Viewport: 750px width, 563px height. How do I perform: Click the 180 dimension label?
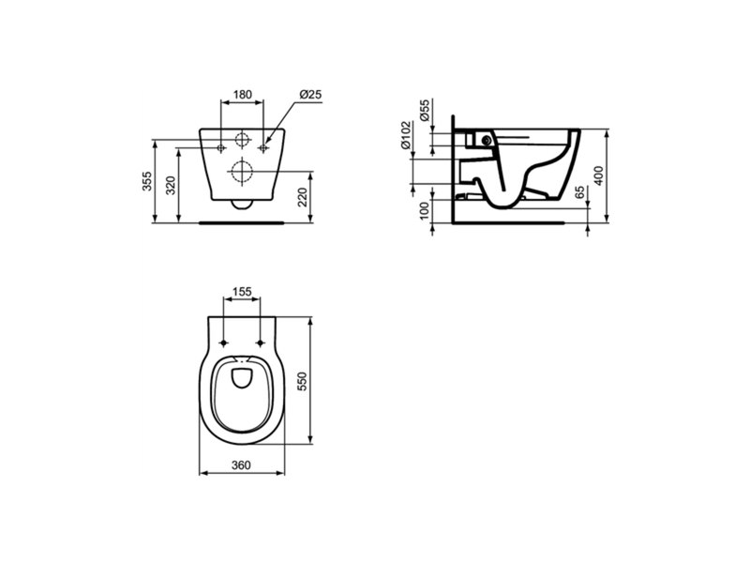(x=243, y=95)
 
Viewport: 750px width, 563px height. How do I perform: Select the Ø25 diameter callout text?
(x=311, y=95)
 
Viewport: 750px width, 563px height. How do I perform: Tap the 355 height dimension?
(x=147, y=181)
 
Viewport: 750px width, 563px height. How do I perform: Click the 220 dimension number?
(x=303, y=197)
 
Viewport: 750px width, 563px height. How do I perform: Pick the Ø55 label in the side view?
(x=425, y=111)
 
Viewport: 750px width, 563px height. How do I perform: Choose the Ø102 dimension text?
(x=406, y=135)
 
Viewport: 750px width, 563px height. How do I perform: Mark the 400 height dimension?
(x=598, y=175)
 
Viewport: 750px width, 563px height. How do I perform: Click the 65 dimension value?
(x=579, y=192)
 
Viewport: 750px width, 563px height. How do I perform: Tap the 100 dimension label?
(x=425, y=211)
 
